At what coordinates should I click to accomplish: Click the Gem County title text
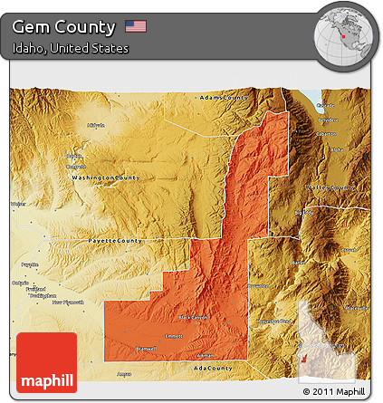coord(64,27)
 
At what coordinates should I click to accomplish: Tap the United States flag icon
coord(136,27)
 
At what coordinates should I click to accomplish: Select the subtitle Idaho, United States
coord(71,48)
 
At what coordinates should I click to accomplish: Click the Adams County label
coord(223,97)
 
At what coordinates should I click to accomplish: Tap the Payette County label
coord(114,241)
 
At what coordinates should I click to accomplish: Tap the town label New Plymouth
coord(71,302)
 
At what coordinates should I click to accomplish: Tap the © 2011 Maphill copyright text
coord(335,392)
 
